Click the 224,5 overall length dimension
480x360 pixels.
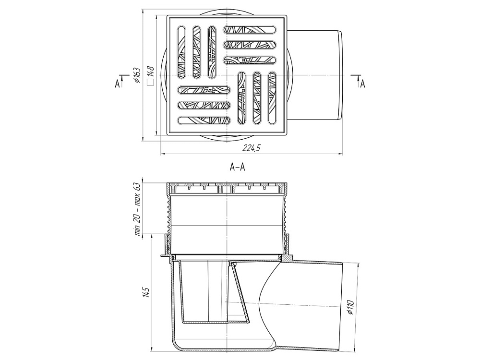click(x=252, y=148)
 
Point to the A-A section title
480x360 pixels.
click(x=238, y=168)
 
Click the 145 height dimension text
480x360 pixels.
click(x=145, y=292)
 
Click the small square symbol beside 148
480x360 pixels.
click(x=150, y=83)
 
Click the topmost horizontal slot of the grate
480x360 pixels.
click(x=251, y=30)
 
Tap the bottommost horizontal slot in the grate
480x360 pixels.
click(x=203, y=120)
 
